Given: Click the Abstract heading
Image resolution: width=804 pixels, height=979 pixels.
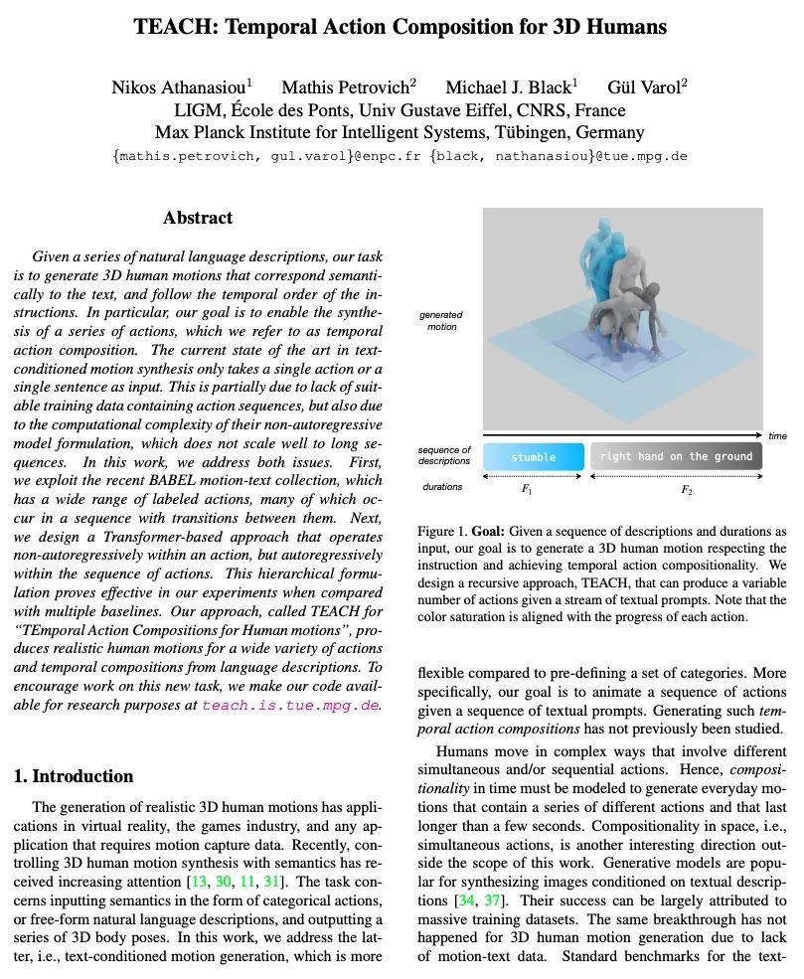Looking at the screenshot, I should pos(198,218).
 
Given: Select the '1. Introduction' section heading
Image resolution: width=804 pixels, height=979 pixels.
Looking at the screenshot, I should pos(74,776).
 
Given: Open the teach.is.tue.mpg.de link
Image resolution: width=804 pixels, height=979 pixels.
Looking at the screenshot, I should pos(291,706).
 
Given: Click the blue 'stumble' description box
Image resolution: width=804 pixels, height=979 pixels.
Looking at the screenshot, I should pos(534,457).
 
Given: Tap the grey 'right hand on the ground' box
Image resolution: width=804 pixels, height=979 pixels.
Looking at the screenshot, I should pos(677,457).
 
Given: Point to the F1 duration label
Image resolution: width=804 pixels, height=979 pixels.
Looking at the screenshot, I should pos(528,489).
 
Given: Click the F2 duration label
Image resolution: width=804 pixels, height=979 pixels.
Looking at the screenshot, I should pos(686,489).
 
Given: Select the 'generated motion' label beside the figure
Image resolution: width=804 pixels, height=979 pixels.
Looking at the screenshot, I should pos(441,321).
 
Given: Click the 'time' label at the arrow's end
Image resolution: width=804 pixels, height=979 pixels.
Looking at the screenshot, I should pos(777,436).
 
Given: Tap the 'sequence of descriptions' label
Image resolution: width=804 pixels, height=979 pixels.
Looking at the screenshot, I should pos(444,456).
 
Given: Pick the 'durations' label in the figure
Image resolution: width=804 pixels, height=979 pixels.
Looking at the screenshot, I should pos(442,487).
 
